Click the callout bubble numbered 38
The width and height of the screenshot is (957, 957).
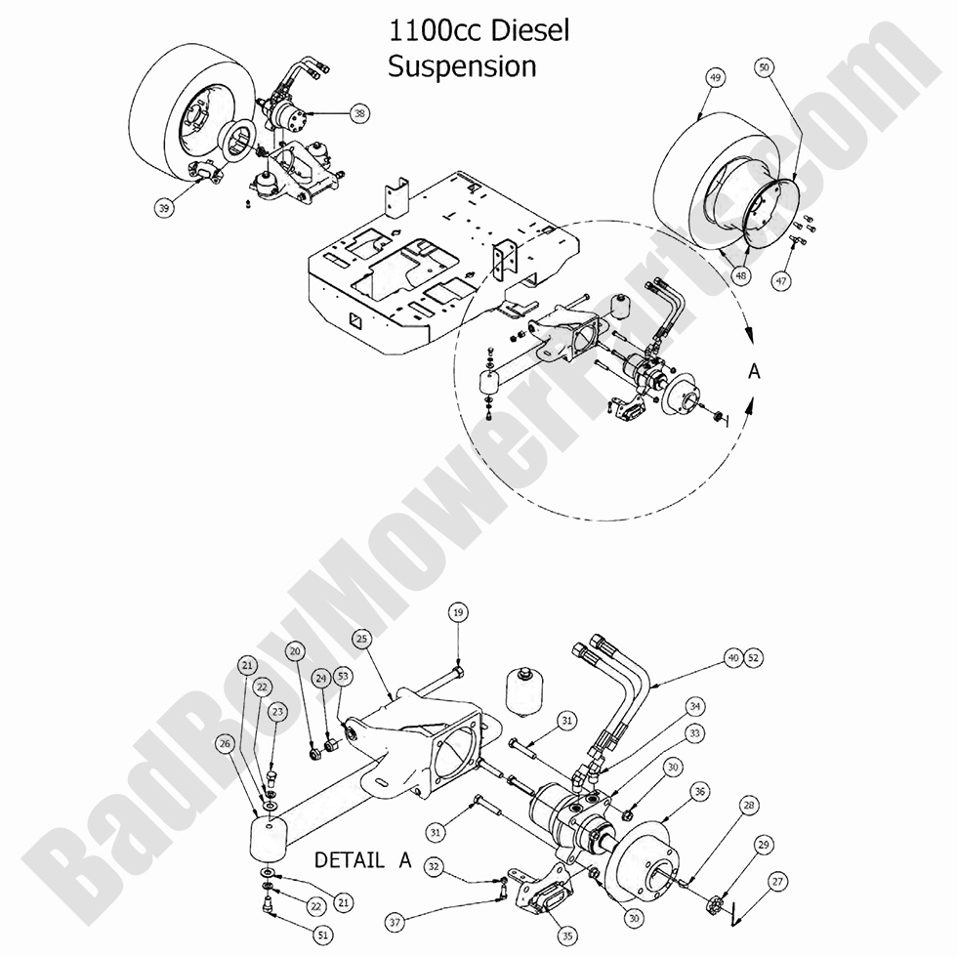tap(360, 113)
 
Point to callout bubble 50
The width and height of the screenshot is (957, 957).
tap(765, 67)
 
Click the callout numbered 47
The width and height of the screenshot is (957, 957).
tap(780, 281)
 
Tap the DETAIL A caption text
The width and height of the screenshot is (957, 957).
tap(360, 860)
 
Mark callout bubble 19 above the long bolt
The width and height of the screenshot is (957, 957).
tap(458, 612)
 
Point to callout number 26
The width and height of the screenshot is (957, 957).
tap(227, 743)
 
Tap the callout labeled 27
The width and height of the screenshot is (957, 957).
tap(778, 882)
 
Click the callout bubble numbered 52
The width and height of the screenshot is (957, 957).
tap(752, 657)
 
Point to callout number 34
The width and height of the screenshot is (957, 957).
tap(694, 705)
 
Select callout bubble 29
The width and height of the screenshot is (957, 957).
tap(764, 843)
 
